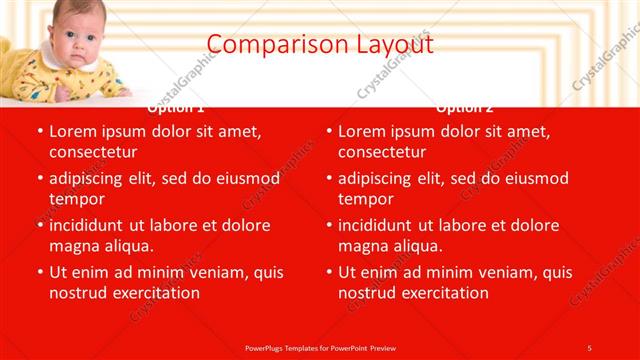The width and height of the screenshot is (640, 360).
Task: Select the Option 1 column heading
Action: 176,107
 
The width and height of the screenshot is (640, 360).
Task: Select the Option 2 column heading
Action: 465,107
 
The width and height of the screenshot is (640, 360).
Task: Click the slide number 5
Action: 589,347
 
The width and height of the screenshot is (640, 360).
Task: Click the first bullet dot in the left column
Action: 39,132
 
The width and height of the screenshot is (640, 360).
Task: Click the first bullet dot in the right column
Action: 328,132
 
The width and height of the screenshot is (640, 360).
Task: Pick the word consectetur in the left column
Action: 92,152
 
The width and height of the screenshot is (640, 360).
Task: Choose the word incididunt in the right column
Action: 382,225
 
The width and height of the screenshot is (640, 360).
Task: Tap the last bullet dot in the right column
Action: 328,272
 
